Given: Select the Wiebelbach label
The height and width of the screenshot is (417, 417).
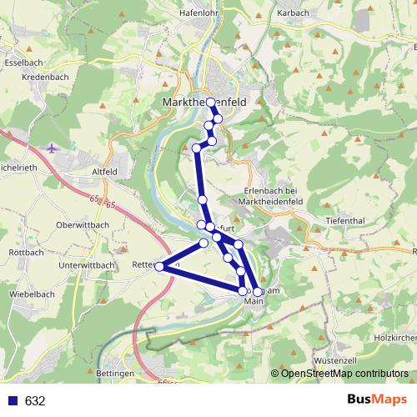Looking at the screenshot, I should [33, 295].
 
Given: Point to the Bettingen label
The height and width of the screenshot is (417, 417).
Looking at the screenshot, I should [115, 373].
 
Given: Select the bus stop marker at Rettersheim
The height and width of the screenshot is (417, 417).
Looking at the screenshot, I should [159, 267].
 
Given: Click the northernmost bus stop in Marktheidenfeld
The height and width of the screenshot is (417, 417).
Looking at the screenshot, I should [211, 103].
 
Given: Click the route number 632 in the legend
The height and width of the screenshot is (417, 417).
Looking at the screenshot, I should [34, 401].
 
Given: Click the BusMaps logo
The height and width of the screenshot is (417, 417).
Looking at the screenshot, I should [376, 400].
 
